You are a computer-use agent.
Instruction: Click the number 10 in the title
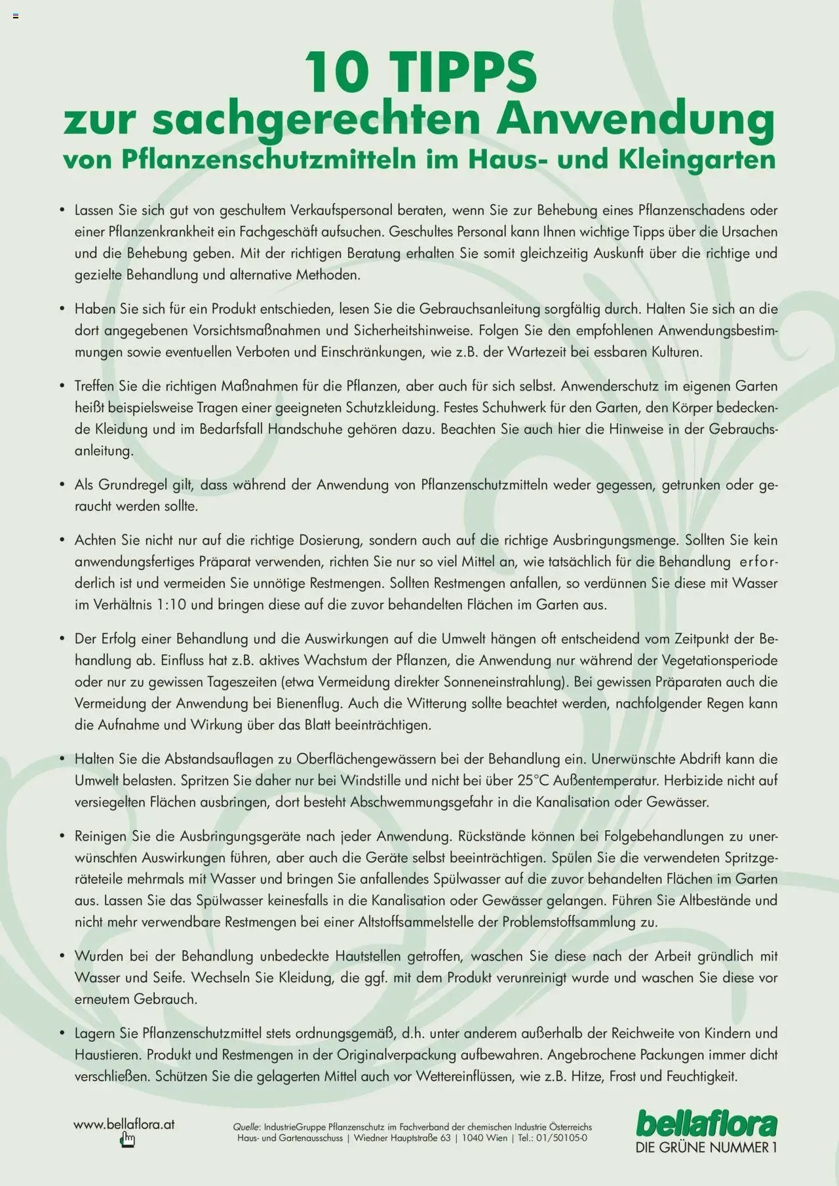[336, 73]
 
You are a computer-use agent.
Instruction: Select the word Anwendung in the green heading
[635, 120]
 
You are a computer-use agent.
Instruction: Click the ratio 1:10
[172, 605]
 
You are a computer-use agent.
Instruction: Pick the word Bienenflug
[308, 704]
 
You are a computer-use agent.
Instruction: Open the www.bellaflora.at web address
[124, 1124]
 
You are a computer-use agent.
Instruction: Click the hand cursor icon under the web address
[127, 1141]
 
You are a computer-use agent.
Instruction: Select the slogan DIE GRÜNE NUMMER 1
[707, 1148]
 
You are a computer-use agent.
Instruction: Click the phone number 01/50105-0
[562, 1138]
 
